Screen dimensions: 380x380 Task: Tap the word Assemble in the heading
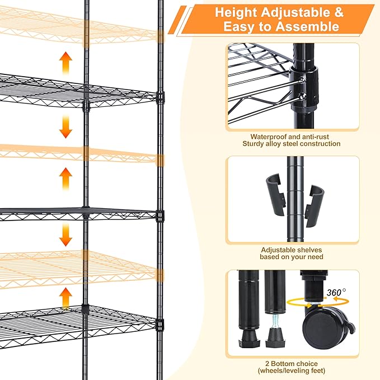(311, 26)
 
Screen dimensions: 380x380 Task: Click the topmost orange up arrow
(66, 63)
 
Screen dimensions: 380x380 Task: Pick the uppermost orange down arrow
(66, 128)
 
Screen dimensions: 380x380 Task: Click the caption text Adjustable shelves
(291, 250)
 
